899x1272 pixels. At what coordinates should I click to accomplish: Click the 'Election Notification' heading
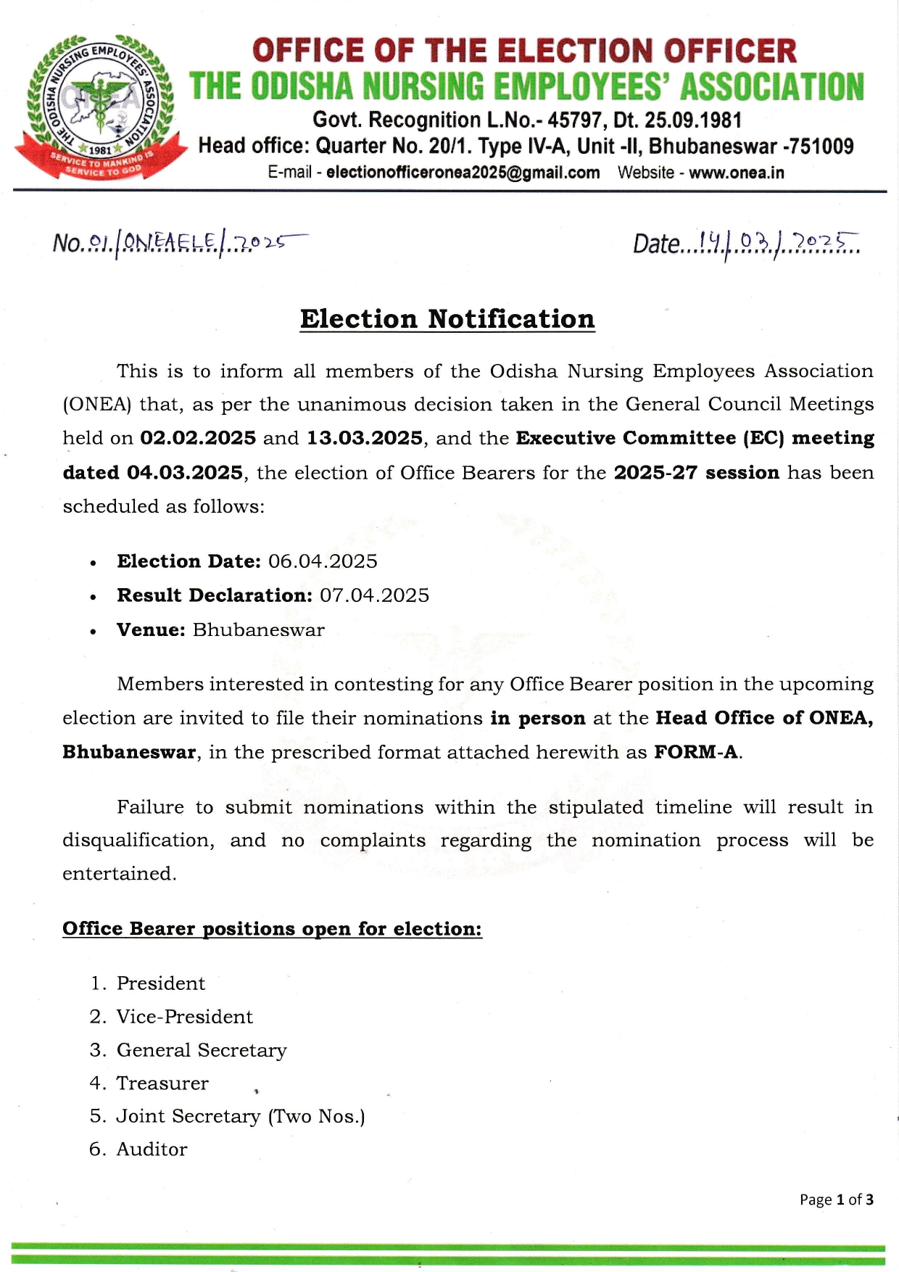tap(447, 319)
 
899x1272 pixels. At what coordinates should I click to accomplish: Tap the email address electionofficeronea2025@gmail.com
tap(463, 173)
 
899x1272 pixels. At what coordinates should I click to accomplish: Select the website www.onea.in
tap(736, 173)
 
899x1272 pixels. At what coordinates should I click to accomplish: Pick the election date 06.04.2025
tap(323, 561)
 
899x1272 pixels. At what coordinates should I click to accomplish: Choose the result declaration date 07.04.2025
tap(374, 595)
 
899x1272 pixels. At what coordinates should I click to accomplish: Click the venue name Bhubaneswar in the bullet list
tap(258, 629)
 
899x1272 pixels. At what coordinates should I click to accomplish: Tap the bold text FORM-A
tap(697, 752)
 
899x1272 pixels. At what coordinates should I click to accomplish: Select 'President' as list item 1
tap(161, 983)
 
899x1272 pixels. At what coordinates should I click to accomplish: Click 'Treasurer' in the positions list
tap(162, 1083)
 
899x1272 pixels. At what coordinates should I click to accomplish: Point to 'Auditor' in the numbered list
tap(152, 1149)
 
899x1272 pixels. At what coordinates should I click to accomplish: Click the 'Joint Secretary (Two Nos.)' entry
tap(241, 1116)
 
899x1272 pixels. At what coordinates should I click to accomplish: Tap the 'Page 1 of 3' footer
tap(836, 1199)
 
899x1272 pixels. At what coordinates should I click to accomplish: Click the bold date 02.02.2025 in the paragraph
tap(198, 438)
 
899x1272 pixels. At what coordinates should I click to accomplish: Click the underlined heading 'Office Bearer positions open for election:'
tap(272, 929)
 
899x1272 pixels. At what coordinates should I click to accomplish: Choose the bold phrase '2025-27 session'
tap(696, 473)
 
